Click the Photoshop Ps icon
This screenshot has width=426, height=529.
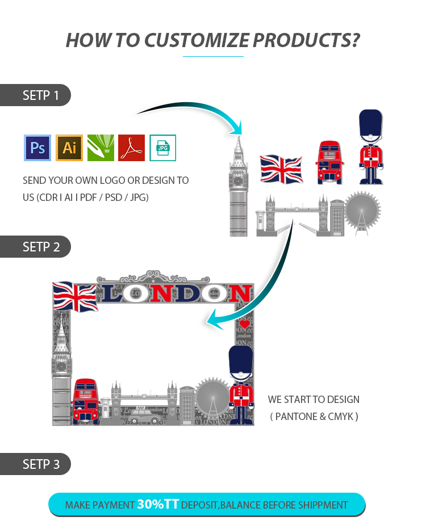pyautogui.click(x=37, y=148)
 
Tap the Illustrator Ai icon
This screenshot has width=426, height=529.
pyautogui.click(x=69, y=148)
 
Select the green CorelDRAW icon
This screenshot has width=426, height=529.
pyautogui.click(x=101, y=148)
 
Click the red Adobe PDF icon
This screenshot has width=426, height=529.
pyautogui.click(x=132, y=148)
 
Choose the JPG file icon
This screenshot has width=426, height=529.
pyautogui.click(x=163, y=148)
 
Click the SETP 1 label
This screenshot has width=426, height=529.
pyautogui.click(x=40, y=95)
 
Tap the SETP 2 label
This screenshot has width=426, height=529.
pyautogui.click(x=40, y=247)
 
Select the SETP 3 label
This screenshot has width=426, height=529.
pyautogui.click(x=40, y=464)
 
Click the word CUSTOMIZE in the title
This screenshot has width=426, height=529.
pyautogui.click(x=197, y=40)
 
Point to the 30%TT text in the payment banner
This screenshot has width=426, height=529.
pyautogui.click(x=158, y=504)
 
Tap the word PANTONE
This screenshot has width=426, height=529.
pyautogui.click(x=295, y=416)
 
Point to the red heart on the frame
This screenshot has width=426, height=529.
pyautogui.click(x=244, y=324)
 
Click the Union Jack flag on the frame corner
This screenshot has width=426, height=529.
pyautogui.click(x=74, y=296)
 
